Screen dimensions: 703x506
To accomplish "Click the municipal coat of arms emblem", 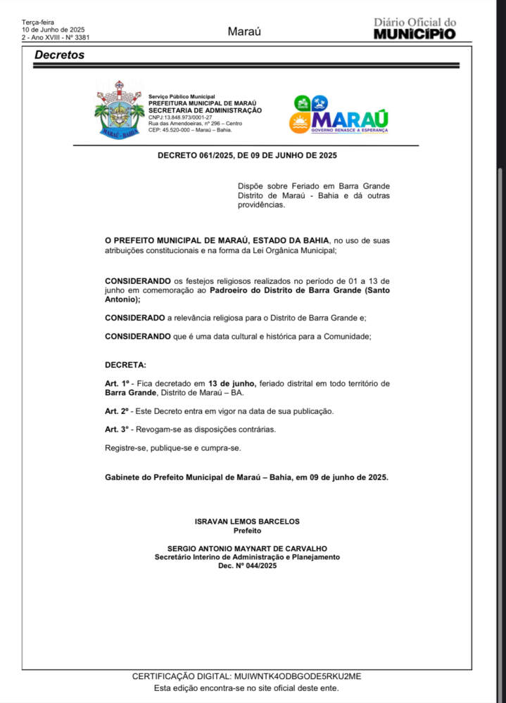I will coord(119,110).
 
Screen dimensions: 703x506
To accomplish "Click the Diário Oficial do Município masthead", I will coord(415,29).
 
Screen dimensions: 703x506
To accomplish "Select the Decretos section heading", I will coord(60,55).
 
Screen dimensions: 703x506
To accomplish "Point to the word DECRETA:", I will coord(126,366).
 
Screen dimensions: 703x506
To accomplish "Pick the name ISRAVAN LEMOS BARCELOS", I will coord(247,522).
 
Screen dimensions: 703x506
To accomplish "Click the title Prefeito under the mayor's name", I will coord(247,531).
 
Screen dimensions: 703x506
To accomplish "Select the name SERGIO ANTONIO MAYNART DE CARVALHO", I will coord(247,548).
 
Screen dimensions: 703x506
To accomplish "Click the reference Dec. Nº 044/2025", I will coord(247,566).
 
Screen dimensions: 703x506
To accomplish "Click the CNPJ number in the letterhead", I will coord(180,117).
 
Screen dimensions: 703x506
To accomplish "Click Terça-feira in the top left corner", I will coord(38,22).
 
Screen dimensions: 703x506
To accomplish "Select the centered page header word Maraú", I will coord(244,32).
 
